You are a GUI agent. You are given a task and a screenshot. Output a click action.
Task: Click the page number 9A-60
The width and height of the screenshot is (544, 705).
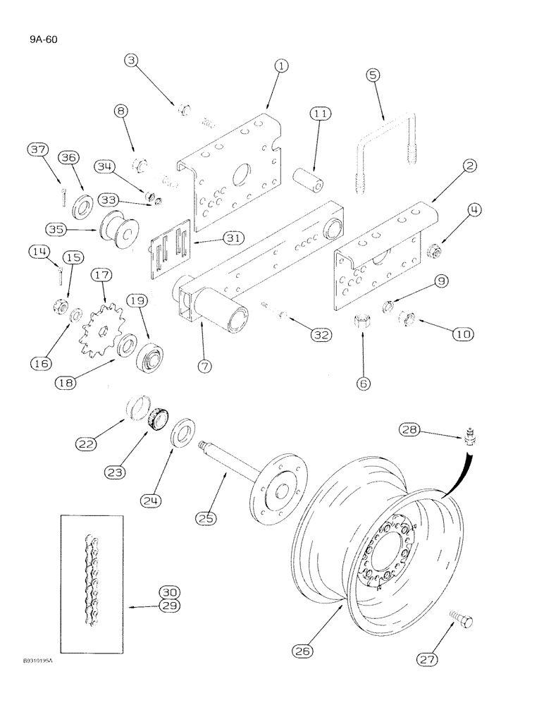(x=34, y=39)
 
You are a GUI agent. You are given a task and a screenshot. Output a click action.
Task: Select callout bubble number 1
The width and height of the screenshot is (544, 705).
(x=281, y=66)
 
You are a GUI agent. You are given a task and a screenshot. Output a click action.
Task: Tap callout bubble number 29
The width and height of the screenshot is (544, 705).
(x=169, y=606)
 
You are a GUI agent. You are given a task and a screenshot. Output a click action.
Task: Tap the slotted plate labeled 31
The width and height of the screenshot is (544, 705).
(x=172, y=245)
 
